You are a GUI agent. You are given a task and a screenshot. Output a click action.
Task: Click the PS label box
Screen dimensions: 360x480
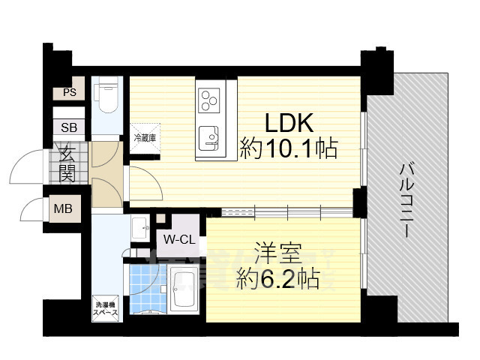[70, 93]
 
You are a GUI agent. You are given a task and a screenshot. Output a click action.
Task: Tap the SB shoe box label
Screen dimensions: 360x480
[69, 127]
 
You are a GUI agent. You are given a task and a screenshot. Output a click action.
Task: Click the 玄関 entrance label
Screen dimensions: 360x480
[67, 165]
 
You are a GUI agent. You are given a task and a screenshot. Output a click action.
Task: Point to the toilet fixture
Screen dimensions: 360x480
[106, 98]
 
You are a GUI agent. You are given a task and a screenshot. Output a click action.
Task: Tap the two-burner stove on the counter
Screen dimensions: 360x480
[209, 99]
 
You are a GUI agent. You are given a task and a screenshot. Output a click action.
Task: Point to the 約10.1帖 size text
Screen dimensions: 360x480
[288, 148]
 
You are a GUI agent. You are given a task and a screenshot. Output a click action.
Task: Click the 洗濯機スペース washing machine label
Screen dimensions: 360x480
[106, 310]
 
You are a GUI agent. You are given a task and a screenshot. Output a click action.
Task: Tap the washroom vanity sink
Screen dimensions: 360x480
[140, 227]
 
